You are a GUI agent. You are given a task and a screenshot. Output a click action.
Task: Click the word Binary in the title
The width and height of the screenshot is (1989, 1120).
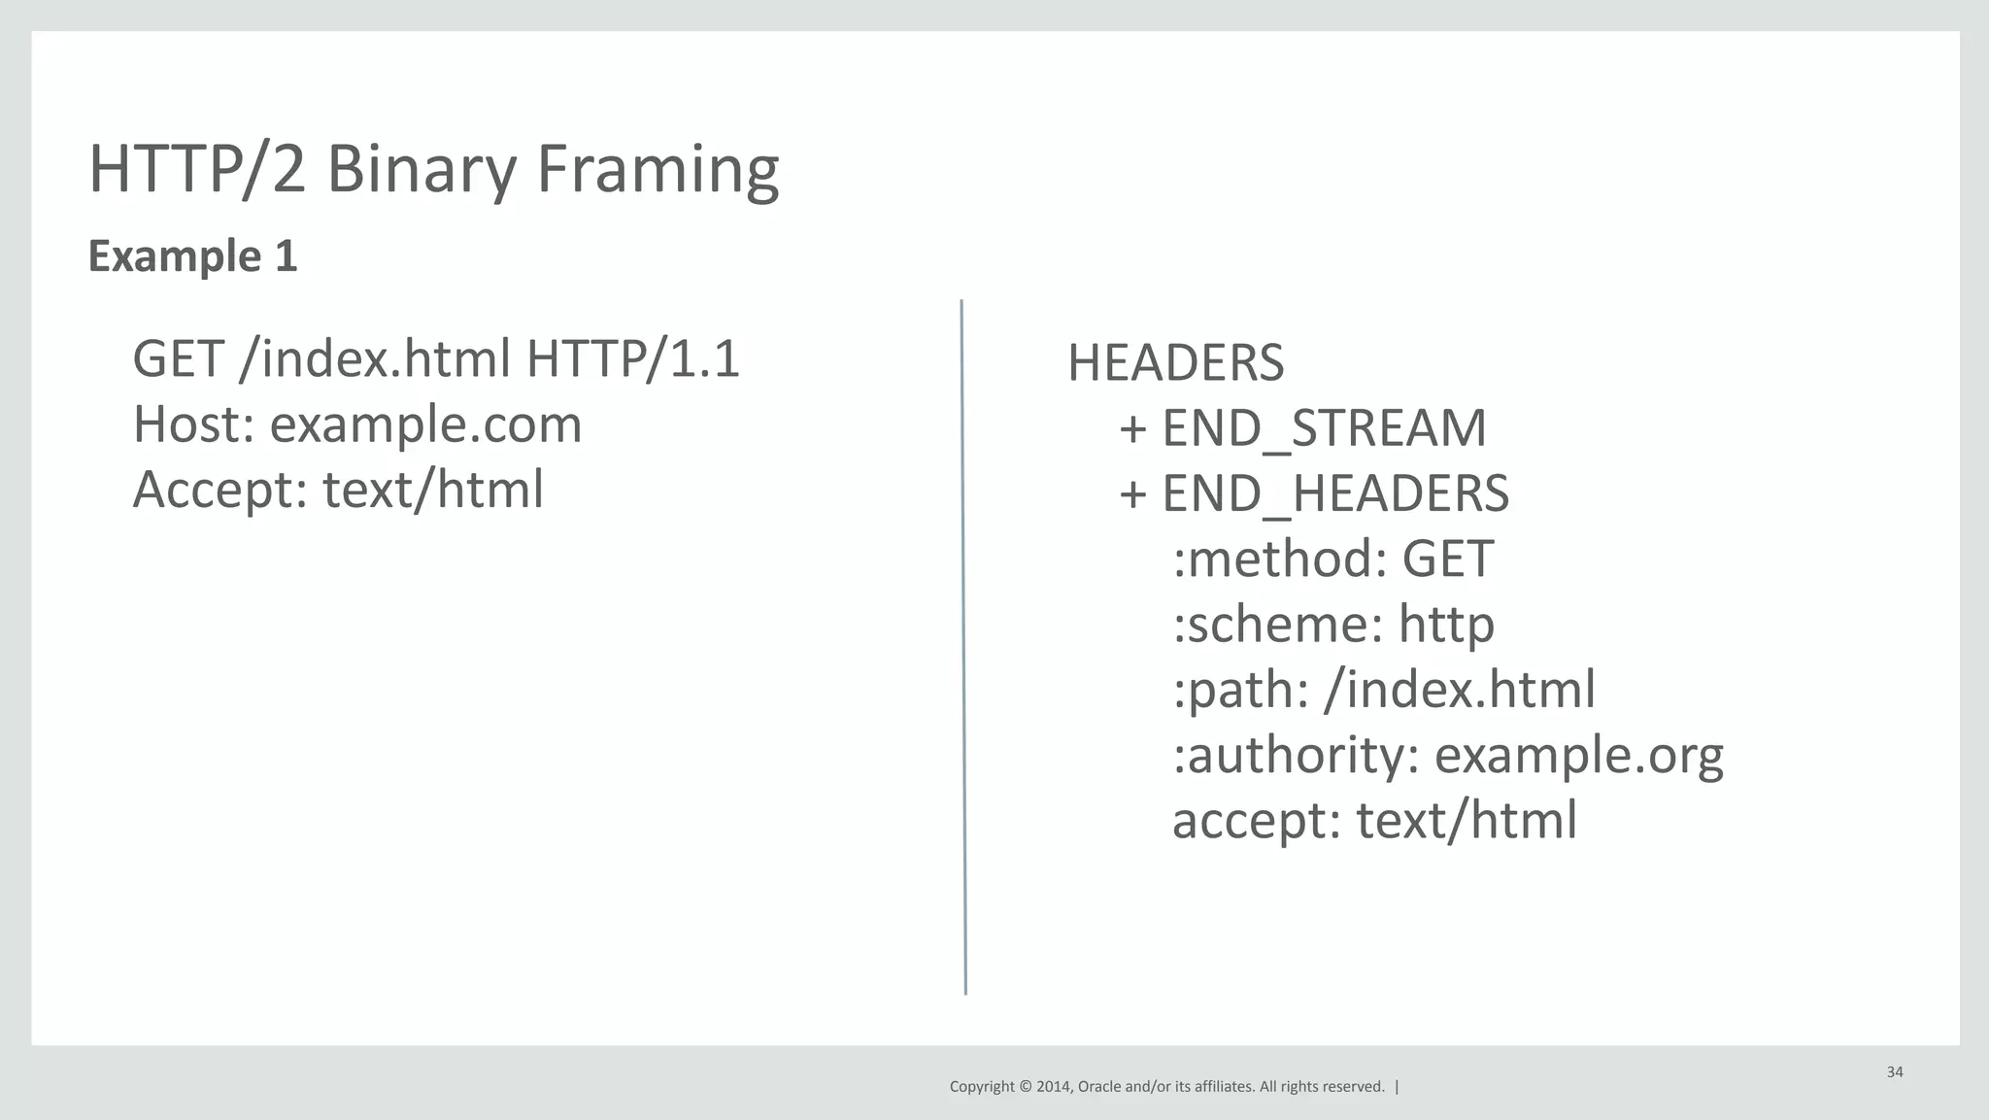(x=421, y=169)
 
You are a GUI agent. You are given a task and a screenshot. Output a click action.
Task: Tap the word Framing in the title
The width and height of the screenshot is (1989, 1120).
(x=657, y=169)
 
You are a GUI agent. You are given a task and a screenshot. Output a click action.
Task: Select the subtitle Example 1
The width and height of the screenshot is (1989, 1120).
(x=192, y=256)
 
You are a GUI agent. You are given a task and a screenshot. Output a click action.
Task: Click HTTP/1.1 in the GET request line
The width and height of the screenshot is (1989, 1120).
(x=633, y=358)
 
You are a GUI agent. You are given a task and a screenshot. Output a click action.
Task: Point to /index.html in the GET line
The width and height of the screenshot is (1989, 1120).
(x=375, y=358)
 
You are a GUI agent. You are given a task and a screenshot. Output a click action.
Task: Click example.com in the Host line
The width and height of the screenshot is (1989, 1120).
(x=425, y=424)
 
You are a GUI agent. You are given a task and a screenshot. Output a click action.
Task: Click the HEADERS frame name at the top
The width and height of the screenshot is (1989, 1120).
(x=1175, y=363)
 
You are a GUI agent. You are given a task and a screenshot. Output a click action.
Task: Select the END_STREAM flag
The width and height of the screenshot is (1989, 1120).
(x=1324, y=428)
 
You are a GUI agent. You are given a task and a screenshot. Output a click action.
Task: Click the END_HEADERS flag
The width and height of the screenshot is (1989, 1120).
(x=1335, y=493)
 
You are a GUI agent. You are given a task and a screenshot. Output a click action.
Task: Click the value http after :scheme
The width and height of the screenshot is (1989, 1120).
(x=1446, y=624)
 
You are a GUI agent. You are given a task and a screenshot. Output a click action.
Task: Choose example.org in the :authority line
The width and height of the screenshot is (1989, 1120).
(x=1578, y=755)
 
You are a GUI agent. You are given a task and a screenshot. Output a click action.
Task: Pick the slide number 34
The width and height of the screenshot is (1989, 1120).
(x=1895, y=1072)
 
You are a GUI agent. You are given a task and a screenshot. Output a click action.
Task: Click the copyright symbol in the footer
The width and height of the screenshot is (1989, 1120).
(x=1026, y=1087)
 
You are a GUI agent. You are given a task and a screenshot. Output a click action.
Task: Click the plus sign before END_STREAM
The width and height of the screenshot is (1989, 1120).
(x=1132, y=428)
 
